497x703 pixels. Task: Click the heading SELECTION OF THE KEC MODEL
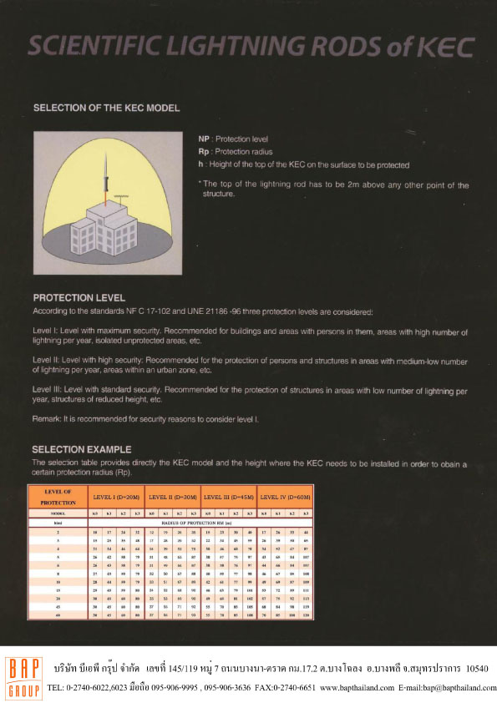[x=106, y=108]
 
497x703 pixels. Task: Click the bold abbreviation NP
[x=204, y=139]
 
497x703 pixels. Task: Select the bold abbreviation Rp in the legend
[x=204, y=152]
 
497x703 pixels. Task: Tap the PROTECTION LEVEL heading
[x=79, y=297]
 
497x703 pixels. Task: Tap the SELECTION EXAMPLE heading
[x=82, y=450]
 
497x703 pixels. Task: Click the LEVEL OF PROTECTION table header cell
[x=57, y=496]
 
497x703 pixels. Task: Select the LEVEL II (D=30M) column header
[x=172, y=497]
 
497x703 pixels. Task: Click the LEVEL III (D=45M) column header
[x=229, y=497]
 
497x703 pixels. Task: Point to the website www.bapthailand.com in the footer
[x=356, y=688]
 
